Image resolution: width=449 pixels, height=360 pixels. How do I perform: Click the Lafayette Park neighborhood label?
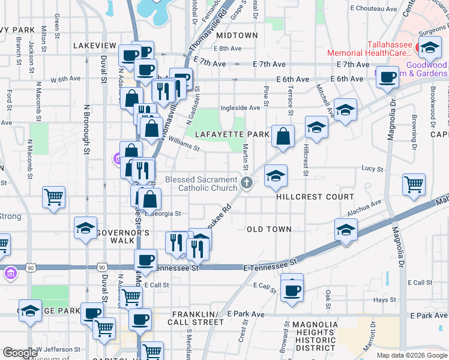coord(231,134)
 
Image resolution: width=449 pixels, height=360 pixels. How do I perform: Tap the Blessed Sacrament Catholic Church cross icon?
coord(246,183)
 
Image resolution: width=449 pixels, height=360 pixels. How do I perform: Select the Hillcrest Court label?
coord(315,197)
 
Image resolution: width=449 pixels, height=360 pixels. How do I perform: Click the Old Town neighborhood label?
coord(269,229)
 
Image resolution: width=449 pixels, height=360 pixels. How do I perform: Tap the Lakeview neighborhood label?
coord(94,46)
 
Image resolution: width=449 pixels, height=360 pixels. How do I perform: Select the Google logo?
coord(20,353)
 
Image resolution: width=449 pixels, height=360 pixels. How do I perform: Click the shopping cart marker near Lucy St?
coord(414,185)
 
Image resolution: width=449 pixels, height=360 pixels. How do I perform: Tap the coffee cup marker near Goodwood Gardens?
coord(388,78)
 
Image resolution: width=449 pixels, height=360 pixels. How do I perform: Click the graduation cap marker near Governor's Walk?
coord(86,228)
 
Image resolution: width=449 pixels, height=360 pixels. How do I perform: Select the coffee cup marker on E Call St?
coord(292,291)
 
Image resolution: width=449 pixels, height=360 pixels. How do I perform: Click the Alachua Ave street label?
coord(364,209)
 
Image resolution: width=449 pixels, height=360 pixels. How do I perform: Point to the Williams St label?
coord(183,143)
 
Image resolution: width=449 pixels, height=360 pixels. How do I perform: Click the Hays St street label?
coord(382,299)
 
